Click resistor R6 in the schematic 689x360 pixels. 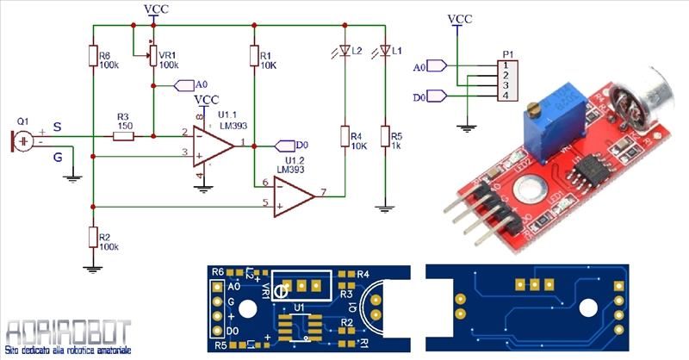(x=92, y=55)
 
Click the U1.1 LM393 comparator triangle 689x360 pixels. (x=212, y=144)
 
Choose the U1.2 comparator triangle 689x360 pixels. (x=294, y=194)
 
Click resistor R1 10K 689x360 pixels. (x=254, y=55)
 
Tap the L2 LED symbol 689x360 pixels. (x=344, y=52)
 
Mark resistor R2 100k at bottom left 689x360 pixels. (x=92, y=237)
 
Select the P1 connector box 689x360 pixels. (x=511, y=79)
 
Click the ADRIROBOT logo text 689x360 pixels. (x=67, y=332)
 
